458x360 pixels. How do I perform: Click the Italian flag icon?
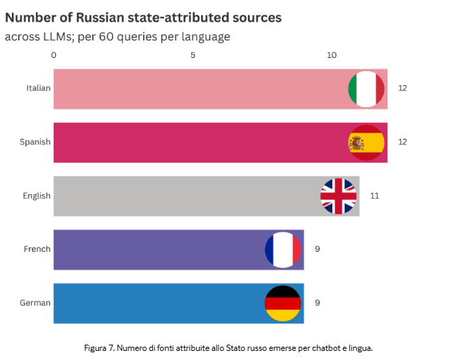click(366, 89)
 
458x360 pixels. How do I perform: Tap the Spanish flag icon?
click(366, 142)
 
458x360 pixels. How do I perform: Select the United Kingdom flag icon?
click(338, 196)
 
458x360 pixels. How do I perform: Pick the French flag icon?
click(282, 249)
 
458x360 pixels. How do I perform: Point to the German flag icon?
click(282, 303)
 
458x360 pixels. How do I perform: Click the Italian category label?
click(38, 88)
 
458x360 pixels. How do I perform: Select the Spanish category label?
click(35, 142)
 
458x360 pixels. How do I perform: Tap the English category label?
click(36, 195)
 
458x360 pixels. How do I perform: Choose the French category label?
click(37, 249)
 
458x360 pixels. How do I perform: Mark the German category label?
click(36, 303)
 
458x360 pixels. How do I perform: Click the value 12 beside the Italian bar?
click(402, 88)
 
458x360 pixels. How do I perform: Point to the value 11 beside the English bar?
click(374, 195)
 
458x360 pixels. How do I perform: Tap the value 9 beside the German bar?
click(318, 303)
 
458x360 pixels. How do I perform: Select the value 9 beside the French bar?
click(318, 249)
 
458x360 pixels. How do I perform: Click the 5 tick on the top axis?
click(193, 54)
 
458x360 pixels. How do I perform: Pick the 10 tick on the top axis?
click(332, 54)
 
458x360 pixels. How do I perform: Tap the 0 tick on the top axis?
click(54, 54)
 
